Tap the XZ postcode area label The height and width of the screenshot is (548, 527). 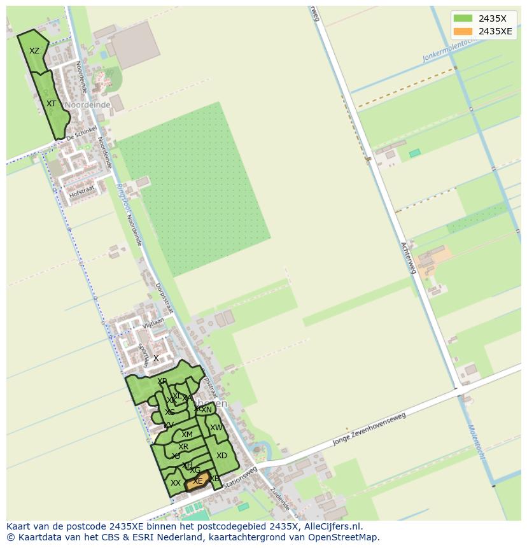[34, 51]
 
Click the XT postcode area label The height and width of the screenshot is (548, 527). [52, 103]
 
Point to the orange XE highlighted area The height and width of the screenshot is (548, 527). [198, 481]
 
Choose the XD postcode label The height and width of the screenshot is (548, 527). [221, 456]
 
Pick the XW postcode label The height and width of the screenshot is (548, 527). [216, 428]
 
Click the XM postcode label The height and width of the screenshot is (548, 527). [186, 435]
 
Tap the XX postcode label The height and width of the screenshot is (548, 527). [176, 483]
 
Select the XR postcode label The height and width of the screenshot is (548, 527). [183, 447]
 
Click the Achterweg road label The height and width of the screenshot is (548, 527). [409, 258]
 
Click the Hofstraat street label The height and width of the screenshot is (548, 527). [82, 189]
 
